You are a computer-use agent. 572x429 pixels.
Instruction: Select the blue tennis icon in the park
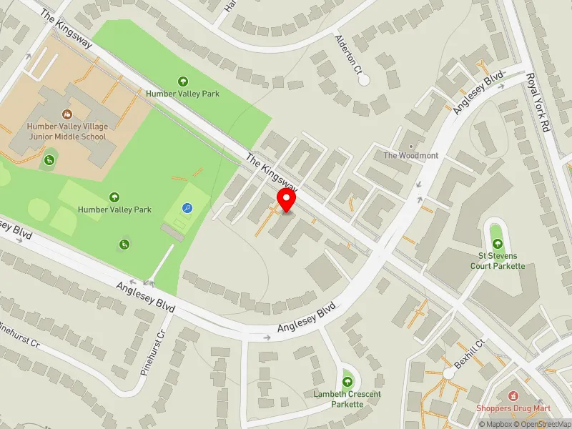pos(187,208)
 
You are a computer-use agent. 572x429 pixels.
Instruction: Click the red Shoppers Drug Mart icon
pos(512,395)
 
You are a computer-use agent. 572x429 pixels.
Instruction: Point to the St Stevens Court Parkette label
pos(497,261)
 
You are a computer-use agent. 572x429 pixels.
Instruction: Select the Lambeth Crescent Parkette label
pos(347,399)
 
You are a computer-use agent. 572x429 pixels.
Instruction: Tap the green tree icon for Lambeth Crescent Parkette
pos(347,380)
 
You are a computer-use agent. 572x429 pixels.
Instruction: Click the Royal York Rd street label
pos(541,104)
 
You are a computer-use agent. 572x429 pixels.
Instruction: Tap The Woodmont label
pos(410,155)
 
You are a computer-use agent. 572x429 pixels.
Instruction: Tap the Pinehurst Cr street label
pos(19,335)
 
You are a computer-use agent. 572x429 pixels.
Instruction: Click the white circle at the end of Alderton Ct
pos(364,80)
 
